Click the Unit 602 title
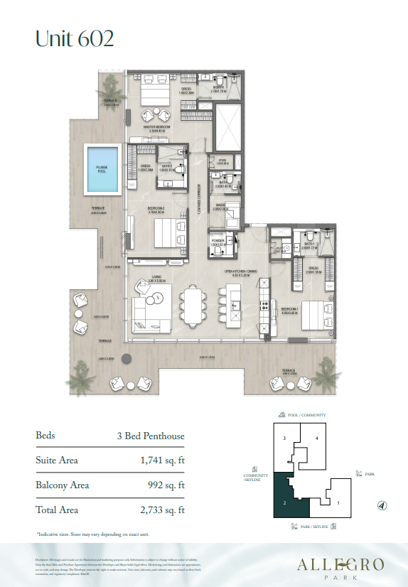click(75, 38)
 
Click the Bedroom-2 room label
click(156, 208)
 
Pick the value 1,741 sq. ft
click(163, 461)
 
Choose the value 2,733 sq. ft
click(163, 510)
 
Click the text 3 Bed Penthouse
click(151, 435)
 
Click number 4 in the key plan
click(316, 438)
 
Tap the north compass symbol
click(382, 505)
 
